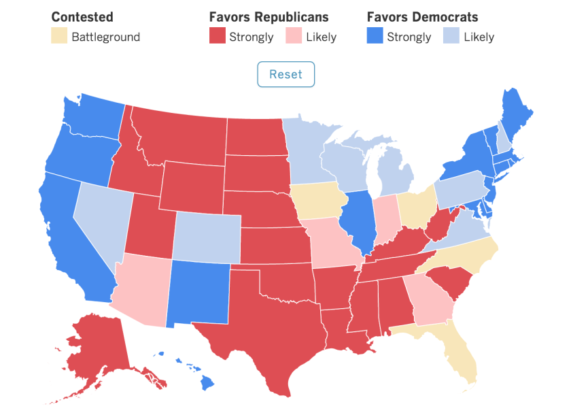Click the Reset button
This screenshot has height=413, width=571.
(285, 74)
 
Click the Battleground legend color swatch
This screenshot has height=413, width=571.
(58, 37)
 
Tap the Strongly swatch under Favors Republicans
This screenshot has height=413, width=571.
(217, 37)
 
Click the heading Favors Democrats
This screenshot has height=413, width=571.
(422, 17)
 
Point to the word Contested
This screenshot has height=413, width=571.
(82, 17)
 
